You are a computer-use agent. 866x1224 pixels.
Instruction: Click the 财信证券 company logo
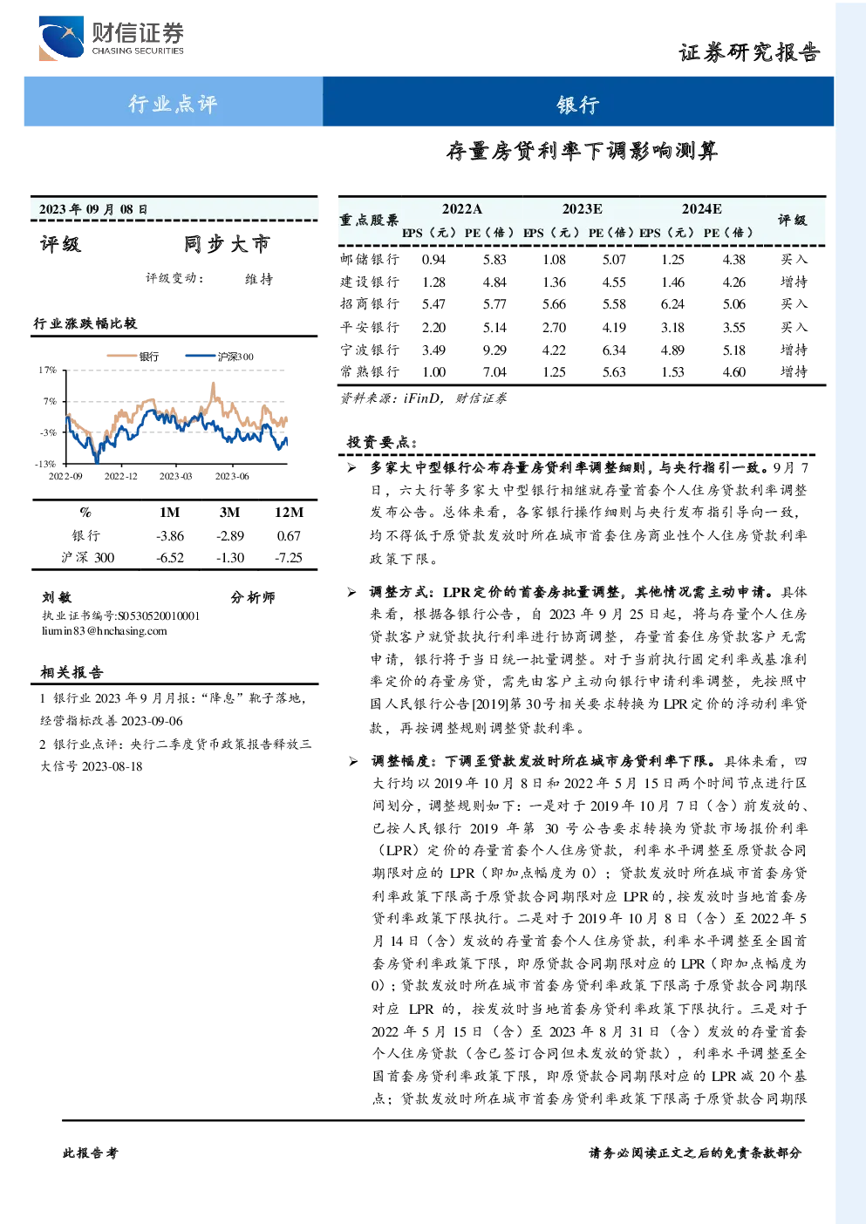(111, 38)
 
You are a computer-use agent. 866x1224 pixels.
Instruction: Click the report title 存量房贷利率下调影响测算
(582, 150)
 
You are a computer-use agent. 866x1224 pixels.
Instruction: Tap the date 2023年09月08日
(93, 209)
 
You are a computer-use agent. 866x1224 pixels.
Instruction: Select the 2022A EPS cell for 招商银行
(433, 304)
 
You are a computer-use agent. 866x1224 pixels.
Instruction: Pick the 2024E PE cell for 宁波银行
(733, 350)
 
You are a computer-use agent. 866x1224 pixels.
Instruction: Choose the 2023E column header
(583, 209)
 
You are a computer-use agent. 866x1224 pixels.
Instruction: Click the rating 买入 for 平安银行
(794, 327)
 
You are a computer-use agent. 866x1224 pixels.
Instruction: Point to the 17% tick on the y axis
(48, 370)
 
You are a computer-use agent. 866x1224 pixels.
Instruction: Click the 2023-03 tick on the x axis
(175, 477)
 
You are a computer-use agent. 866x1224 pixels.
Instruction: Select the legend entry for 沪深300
(219, 357)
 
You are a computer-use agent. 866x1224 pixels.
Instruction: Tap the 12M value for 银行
(289, 536)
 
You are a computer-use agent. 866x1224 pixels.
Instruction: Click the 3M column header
(229, 513)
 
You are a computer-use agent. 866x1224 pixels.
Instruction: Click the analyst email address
(105, 631)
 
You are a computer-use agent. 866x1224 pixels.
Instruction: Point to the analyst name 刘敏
(57, 597)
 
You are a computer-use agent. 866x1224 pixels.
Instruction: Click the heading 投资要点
(382, 442)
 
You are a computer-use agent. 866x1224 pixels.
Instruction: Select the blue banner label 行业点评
(173, 103)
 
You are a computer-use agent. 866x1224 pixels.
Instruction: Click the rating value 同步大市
(227, 244)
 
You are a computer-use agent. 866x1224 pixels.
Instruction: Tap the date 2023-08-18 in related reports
(113, 766)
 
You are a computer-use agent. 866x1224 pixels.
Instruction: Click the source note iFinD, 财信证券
(423, 398)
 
